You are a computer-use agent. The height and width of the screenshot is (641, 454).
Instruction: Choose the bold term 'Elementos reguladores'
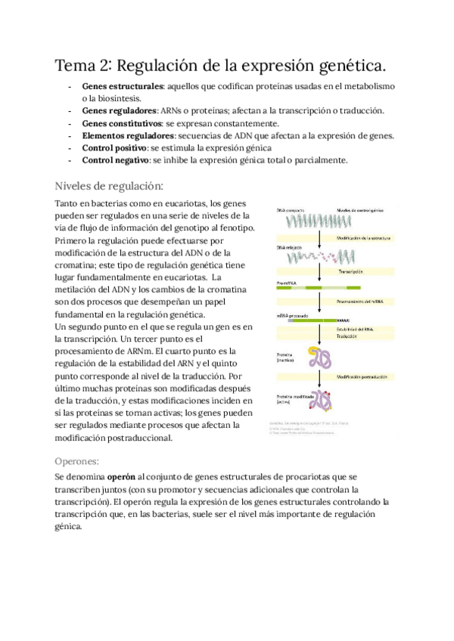tap(128, 135)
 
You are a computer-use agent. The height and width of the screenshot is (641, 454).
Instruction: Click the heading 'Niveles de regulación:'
tap(109, 186)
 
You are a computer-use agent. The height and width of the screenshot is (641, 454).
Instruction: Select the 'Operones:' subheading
tap(82, 460)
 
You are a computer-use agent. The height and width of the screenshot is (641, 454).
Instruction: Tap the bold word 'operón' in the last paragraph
tap(122, 477)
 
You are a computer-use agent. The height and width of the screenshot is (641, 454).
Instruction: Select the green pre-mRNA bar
tap(318, 287)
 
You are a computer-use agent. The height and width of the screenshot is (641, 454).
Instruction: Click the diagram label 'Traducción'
tap(347, 336)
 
